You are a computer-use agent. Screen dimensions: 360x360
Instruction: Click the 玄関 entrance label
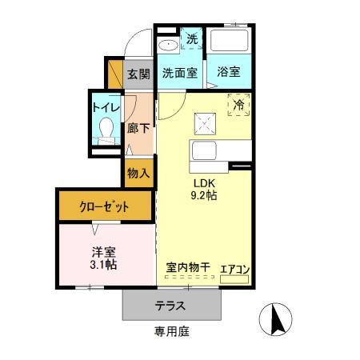point(138,74)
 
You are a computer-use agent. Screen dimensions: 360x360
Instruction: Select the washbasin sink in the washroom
point(168,45)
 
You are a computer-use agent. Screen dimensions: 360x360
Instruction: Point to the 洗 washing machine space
point(192,39)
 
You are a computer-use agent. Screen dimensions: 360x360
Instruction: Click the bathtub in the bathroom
point(229,40)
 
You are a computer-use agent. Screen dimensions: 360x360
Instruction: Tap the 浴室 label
point(229,71)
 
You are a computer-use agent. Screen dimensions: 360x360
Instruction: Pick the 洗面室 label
point(180,73)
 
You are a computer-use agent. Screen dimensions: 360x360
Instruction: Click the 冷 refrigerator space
point(238,105)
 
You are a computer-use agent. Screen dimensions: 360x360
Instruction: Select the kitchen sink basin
point(204,150)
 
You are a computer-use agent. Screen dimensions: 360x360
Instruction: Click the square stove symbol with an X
point(205,124)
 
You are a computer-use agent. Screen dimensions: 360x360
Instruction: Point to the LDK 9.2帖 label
point(204,190)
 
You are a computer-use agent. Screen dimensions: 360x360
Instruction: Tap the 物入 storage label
point(138,174)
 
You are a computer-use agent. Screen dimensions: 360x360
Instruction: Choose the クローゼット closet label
point(104,206)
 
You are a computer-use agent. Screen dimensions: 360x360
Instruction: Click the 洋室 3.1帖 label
point(103,258)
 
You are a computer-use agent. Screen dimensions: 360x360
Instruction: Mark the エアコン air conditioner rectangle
point(234,279)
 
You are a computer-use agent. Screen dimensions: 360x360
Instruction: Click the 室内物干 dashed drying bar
point(190,277)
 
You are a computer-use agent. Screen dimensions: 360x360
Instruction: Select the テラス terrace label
point(170,306)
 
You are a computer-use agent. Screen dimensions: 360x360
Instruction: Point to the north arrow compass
point(276,319)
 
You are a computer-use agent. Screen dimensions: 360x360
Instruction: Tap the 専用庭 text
point(172,331)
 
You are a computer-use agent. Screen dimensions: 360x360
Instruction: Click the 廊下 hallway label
point(138,129)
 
